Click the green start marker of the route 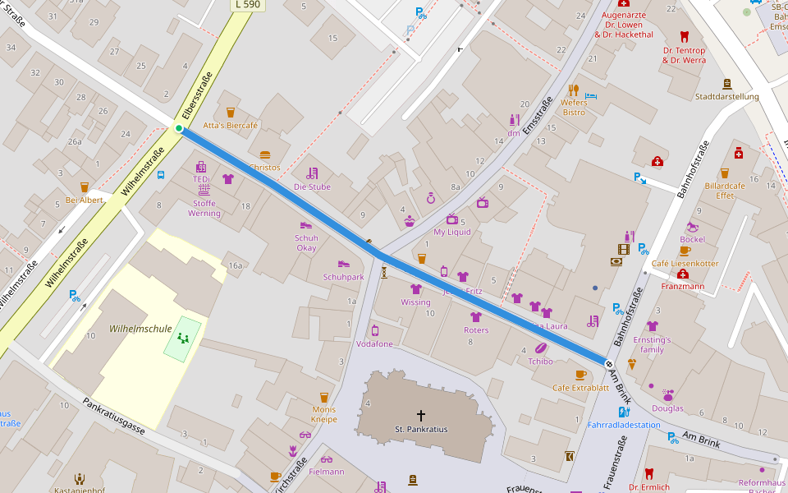[x=179, y=128]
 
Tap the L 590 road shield [x=247, y=5]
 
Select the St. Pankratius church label [x=421, y=429]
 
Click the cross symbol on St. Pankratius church [x=421, y=416]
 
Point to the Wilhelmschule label [x=140, y=329]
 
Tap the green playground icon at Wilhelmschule [x=183, y=338]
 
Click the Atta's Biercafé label [x=231, y=126]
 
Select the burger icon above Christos [x=264, y=154]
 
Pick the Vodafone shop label [x=374, y=343]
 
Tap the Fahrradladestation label [x=624, y=425]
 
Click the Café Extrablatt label [x=580, y=387]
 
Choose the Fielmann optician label [x=327, y=472]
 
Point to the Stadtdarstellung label [x=726, y=96]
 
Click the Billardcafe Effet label [x=725, y=191]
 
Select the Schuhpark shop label [x=343, y=277]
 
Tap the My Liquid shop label [x=452, y=232]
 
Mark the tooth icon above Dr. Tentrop [x=684, y=36]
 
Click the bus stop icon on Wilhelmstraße [x=161, y=175]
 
